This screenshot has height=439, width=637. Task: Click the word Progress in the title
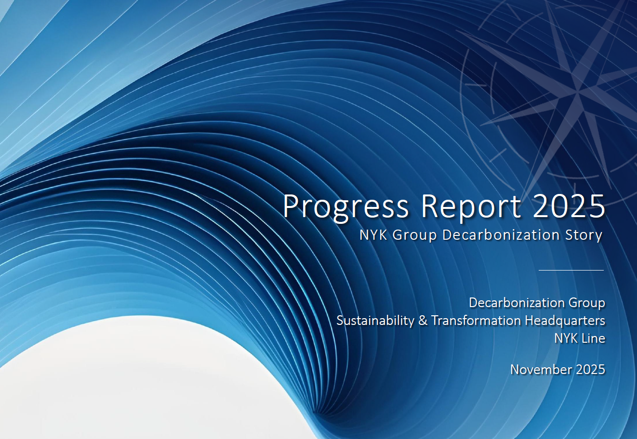pos(346,207)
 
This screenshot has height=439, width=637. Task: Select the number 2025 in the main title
pos(569,206)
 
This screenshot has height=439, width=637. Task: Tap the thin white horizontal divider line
pos(571,270)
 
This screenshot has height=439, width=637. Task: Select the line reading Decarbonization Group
pos(537,303)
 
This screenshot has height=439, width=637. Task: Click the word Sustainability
pos(375,321)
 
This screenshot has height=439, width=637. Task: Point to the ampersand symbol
pos(423,321)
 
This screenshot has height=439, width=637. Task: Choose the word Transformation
pos(477,320)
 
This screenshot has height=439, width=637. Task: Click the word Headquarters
pos(565,321)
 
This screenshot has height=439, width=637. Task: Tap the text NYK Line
pos(580,338)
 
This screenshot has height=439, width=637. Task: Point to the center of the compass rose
pos(577,91)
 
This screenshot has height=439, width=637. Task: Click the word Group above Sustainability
pos(587,303)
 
